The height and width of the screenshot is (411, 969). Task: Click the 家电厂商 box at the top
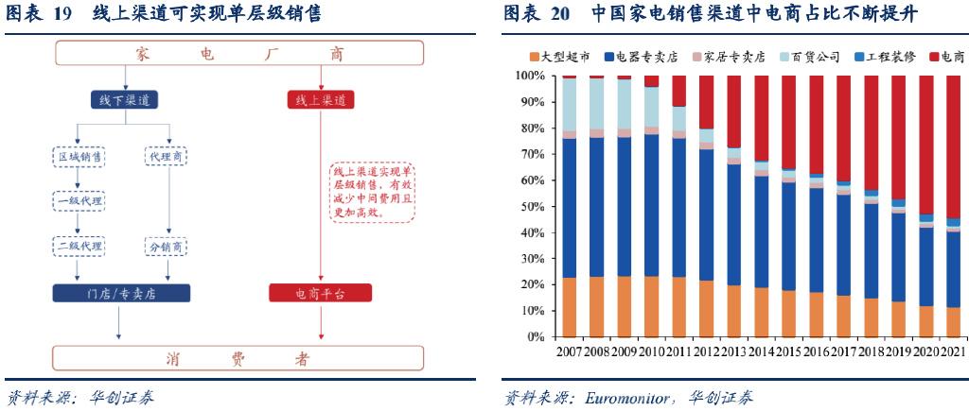click(239, 53)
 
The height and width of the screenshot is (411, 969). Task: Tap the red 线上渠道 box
click(321, 100)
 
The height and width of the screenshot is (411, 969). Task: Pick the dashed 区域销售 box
click(78, 157)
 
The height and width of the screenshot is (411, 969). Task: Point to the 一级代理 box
click(78, 201)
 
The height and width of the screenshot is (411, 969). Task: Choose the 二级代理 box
click(78, 247)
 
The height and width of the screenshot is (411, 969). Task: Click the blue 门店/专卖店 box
click(121, 293)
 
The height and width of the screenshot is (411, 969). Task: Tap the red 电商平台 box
click(320, 293)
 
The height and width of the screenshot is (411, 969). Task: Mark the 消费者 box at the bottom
click(239, 358)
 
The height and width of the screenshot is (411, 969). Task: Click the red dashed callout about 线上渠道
click(373, 191)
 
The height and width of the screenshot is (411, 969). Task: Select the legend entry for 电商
click(946, 58)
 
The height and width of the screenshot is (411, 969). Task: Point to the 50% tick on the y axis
click(532, 207)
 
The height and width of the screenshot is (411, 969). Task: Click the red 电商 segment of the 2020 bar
click(926, 145)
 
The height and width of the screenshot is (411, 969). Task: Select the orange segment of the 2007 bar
click(569, 307)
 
